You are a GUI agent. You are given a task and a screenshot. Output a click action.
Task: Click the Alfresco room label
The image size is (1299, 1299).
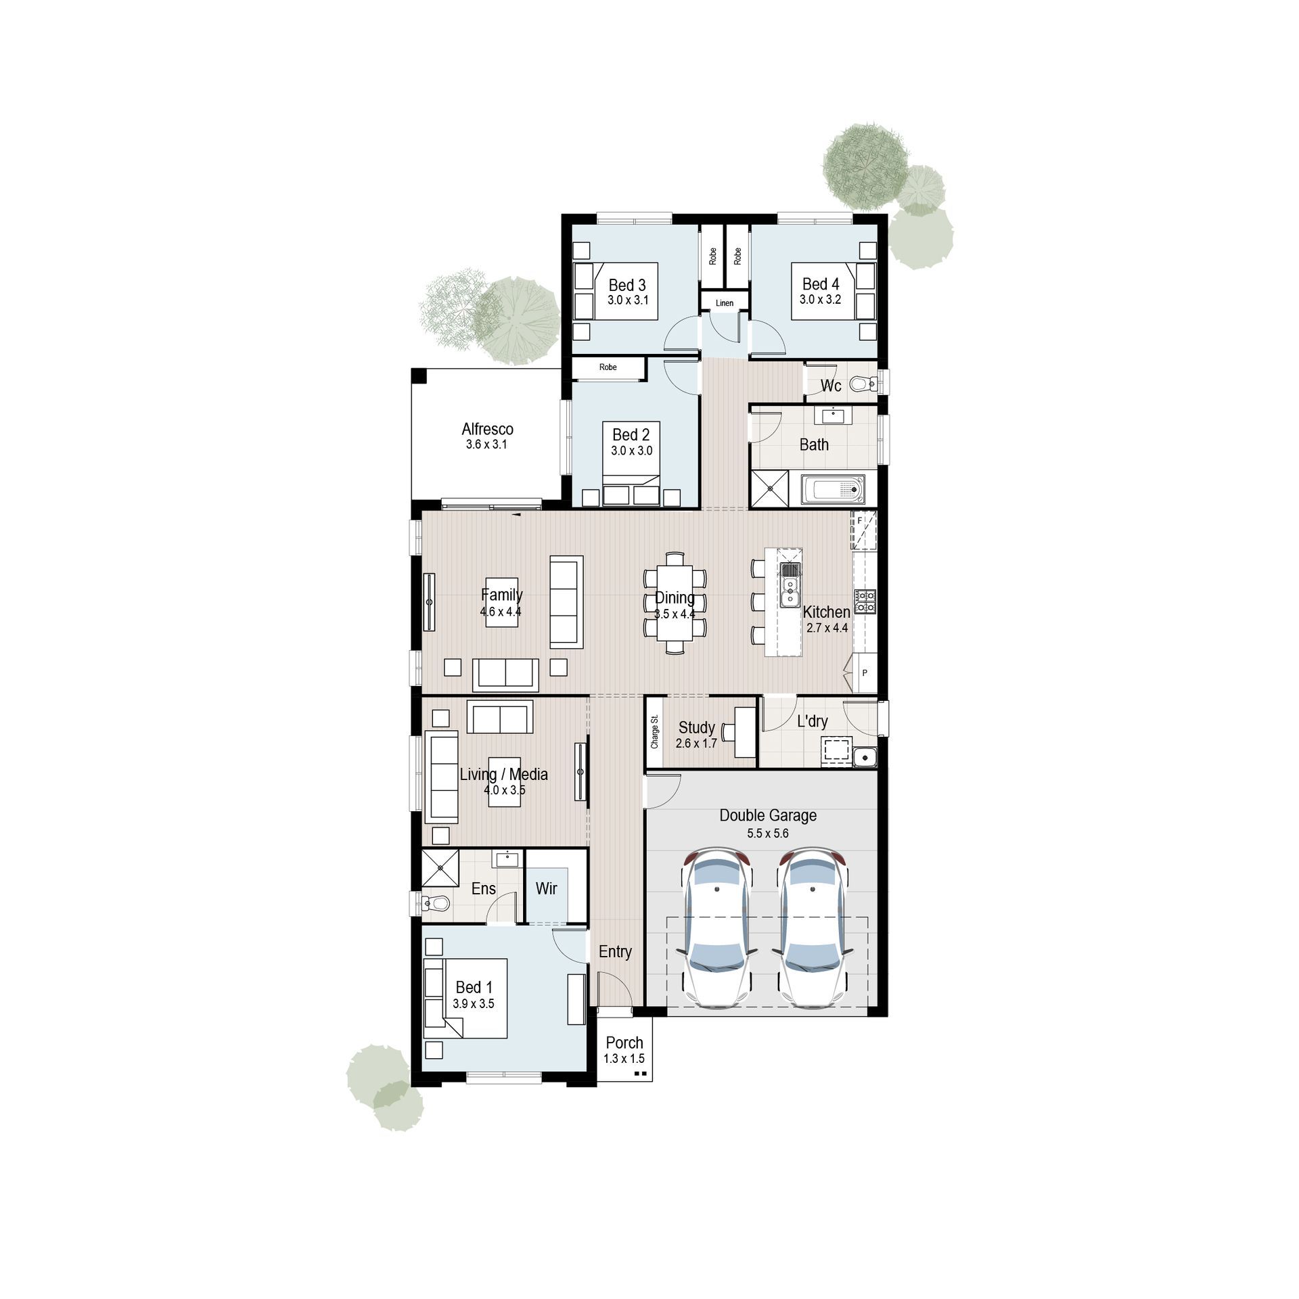(487, 429)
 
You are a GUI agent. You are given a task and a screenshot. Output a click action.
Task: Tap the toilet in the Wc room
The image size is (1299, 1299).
(861, 384)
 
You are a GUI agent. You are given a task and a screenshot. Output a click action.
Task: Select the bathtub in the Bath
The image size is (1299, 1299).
(832, 489)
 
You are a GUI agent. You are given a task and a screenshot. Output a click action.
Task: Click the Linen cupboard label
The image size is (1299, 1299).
(725, 303)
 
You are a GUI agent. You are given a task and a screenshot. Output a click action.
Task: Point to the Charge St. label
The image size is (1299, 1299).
(654, 732)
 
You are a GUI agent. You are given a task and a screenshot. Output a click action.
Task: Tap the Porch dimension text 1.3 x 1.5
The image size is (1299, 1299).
(624, 1059)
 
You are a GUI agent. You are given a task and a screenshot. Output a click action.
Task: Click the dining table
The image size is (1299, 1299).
(675, 603)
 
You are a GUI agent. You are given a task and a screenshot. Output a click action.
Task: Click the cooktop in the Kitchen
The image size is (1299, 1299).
(865, 601)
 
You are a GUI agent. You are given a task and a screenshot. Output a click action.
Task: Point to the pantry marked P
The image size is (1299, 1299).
(865, 673)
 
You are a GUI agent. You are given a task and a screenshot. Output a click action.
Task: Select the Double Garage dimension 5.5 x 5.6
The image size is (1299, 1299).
(768, 834)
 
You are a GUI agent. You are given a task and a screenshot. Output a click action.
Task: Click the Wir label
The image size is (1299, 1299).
(546, 888)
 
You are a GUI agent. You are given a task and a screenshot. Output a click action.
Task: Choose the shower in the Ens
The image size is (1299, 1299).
(440, 868)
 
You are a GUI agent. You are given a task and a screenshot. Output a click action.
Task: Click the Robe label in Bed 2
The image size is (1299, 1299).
(608, 367)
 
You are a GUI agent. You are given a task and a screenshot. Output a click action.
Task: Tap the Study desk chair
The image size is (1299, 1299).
(728, 731)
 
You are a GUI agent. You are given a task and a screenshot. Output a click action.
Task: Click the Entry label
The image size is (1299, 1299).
(615, 951)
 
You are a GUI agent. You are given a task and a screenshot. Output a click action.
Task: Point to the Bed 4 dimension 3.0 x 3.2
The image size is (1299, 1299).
(820, 299)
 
